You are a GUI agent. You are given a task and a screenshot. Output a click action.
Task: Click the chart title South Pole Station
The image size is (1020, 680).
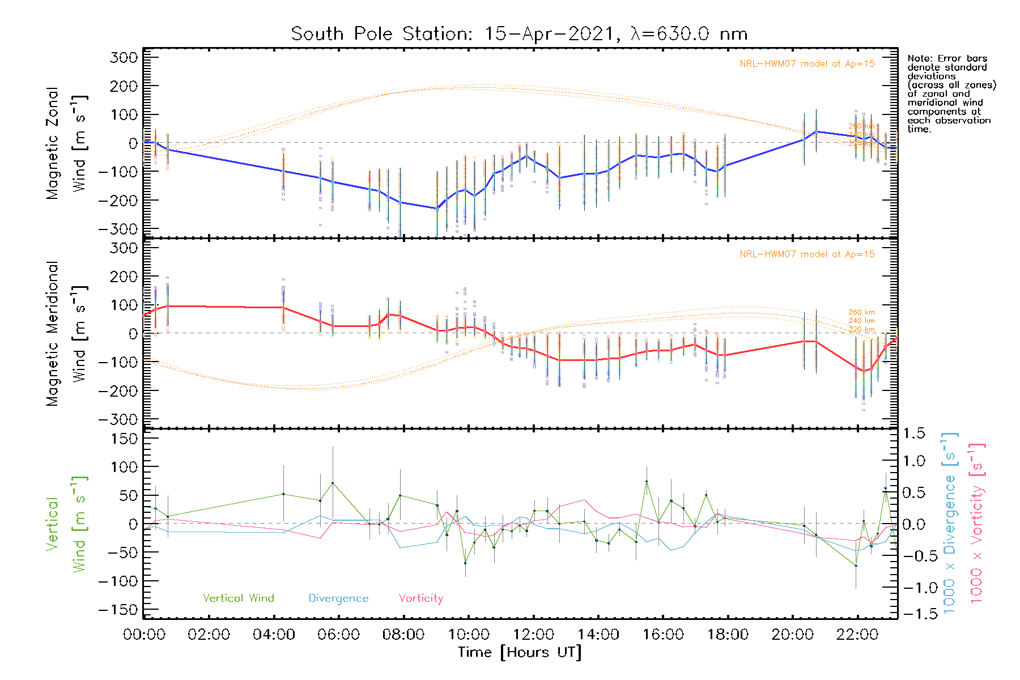519,34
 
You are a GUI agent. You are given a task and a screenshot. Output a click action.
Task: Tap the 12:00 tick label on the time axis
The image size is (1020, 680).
533,635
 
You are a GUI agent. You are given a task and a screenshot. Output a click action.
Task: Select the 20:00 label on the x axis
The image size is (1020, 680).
792,635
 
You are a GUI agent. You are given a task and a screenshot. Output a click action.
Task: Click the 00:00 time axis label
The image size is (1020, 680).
144,635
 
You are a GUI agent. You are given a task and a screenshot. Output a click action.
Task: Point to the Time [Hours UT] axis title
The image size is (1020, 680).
520,652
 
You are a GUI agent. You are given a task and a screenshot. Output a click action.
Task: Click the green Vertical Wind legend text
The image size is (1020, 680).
238,598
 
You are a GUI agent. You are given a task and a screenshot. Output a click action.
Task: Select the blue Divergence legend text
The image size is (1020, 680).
338,598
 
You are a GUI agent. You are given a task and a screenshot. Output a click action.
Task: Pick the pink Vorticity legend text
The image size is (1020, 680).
420,598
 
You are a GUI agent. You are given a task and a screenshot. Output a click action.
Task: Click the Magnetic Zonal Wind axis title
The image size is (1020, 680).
67,143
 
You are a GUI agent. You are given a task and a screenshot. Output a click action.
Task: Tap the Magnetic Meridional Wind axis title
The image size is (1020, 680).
67,334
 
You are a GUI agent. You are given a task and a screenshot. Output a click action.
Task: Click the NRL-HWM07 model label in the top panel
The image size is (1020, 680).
807,64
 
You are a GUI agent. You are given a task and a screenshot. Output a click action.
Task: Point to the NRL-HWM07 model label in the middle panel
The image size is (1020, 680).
807,254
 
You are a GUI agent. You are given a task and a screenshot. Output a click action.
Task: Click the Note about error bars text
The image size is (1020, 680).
951,93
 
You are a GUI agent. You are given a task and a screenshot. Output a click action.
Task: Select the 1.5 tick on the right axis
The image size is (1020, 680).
914,433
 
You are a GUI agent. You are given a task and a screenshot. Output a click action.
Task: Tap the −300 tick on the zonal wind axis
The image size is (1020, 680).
118,229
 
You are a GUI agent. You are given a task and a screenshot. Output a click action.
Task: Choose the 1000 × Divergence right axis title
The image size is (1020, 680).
949,523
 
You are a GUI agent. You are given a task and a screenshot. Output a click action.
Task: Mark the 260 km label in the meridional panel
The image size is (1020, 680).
861,312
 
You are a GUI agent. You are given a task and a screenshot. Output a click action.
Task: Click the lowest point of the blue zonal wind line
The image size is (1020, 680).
437,209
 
